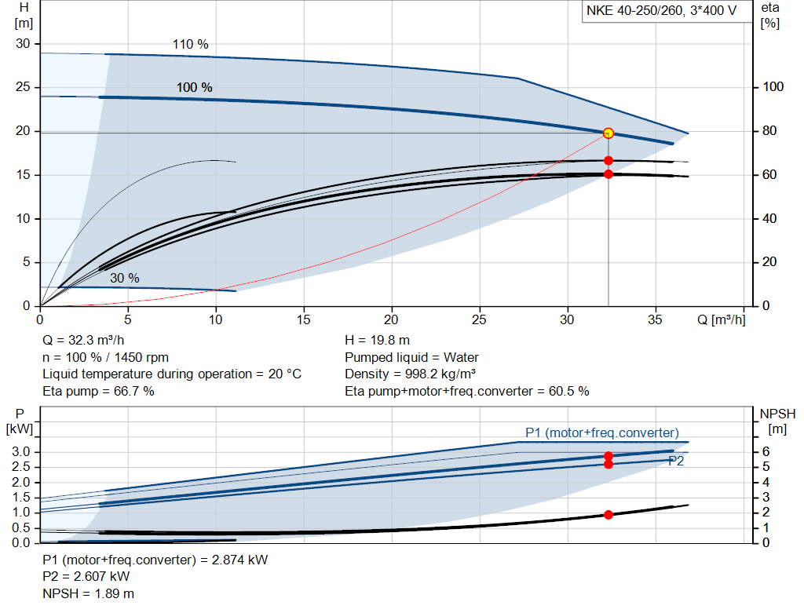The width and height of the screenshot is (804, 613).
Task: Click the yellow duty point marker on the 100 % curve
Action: click(x=608, y=133)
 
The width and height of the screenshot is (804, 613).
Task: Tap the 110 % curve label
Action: click(x=191, y=45)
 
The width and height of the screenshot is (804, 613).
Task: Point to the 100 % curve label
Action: click(x=194, y=88)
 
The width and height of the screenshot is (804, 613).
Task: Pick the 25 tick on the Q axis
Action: click(x=480, y=319)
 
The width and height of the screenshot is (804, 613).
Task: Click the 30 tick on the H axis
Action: click(x=23, y=44)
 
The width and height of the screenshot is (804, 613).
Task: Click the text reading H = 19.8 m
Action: click(x=378, y=341)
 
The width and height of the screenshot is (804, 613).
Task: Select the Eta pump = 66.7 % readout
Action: click(x=98, y=391)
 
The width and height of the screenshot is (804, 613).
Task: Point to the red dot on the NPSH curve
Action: click(x=608, y=515)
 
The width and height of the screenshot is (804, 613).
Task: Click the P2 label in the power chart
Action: click(x=676, y=462)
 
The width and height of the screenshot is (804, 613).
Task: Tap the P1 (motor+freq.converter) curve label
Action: click(x=602, y=433)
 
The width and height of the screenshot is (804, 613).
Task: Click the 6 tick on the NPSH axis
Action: click(x=766, y=452)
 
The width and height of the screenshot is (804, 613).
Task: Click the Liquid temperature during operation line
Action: click(x=172, y=374)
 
